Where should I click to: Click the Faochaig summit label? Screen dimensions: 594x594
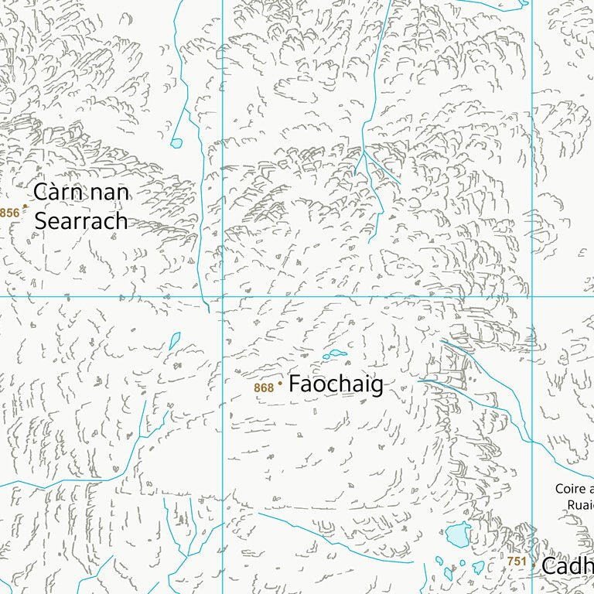[336, 384]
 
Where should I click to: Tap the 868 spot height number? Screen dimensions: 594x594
[264, 387]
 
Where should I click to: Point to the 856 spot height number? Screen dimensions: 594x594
[9, 213]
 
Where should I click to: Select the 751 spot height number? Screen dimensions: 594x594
[517, 562]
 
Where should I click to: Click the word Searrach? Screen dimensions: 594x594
[80, 221]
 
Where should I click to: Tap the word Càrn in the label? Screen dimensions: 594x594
[58, 192]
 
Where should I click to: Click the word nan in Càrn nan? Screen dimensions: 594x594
[108, 193]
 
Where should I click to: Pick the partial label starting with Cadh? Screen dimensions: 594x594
[567, 565]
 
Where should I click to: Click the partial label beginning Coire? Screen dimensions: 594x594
[574, 489]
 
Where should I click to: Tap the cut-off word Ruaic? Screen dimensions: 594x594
[580, 504]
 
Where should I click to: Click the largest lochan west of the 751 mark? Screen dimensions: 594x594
[458, 534]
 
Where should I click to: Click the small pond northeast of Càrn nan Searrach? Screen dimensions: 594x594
[176, 143]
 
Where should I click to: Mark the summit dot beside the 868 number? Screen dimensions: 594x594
[280, 382]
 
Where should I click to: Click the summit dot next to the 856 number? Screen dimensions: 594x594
[24, 206]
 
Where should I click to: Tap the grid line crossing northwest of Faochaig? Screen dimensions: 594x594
[223, 295]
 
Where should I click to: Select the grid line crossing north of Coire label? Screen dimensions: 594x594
[532, 295]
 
